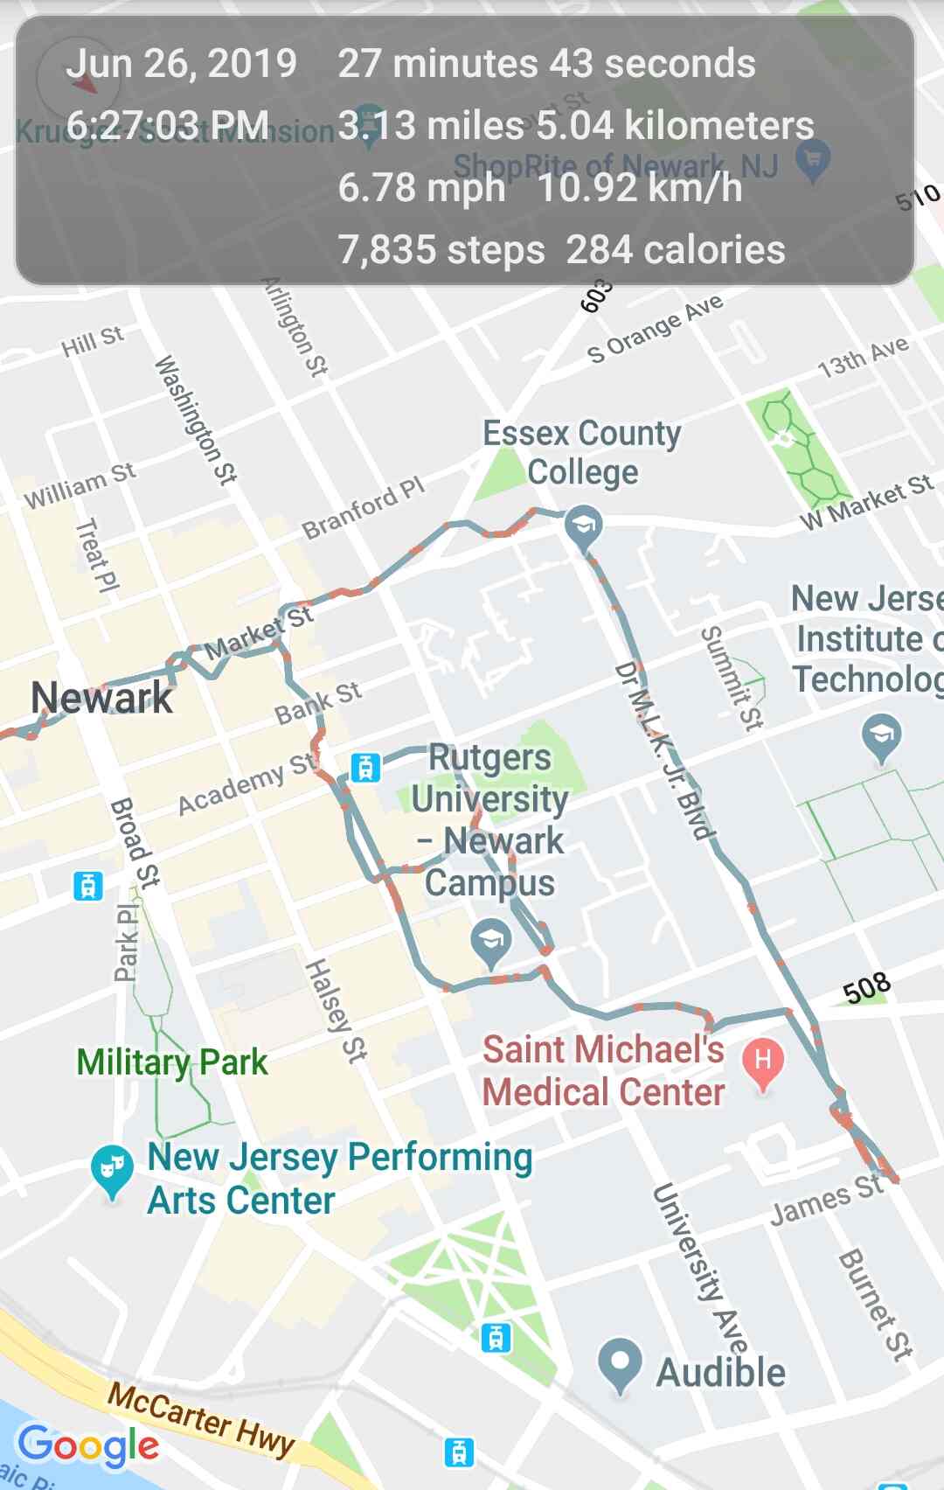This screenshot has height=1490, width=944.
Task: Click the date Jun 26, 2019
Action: pos(181,64)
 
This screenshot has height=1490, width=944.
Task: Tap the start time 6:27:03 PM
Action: pos(167,125)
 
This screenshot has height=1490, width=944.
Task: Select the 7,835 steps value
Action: pos(441,250)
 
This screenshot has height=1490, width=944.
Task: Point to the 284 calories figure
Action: pos(676,250)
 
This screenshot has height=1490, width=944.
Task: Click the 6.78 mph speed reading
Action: pos(421,188)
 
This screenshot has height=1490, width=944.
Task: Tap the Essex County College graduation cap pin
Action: pos(582,526)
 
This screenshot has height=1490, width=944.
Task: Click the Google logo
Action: pos(88,1445)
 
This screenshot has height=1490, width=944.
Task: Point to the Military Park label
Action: pos(172,1062)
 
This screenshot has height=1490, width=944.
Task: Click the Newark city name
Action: pos(101,698)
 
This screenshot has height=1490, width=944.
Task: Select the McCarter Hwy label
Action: pos(201,1420)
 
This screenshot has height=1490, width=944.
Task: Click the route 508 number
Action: pos(866,989)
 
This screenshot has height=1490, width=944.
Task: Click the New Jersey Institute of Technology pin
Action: pos(882,736)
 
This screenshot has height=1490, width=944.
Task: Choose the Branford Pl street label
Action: pos(363,508)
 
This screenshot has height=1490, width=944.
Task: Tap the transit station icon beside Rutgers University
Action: pos(365,767)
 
